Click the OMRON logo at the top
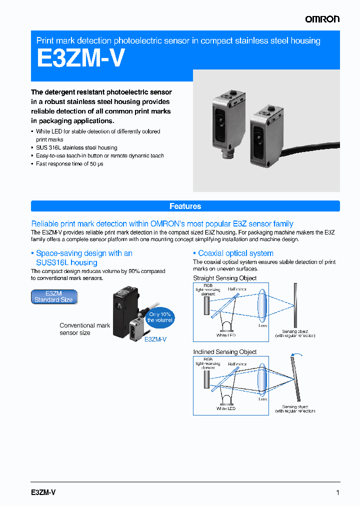[x=322, y=19]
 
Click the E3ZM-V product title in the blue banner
[x=80, y=58]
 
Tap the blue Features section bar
[x=185, y=206]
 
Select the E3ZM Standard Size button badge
[x=54, y=297]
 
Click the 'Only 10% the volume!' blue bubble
[x=160, y=317]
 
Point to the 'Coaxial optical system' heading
[x=235, y=253]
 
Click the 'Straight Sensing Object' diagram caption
[x=224, y=278]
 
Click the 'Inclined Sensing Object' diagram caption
[x=224, y=352]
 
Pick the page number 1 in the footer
[x=337, y=492]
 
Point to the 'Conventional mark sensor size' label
[x=84, y=329]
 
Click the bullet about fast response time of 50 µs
[x=69, y=163]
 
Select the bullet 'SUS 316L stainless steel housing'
[x=76, y=147]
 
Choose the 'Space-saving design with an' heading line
[x=84, y=253]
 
